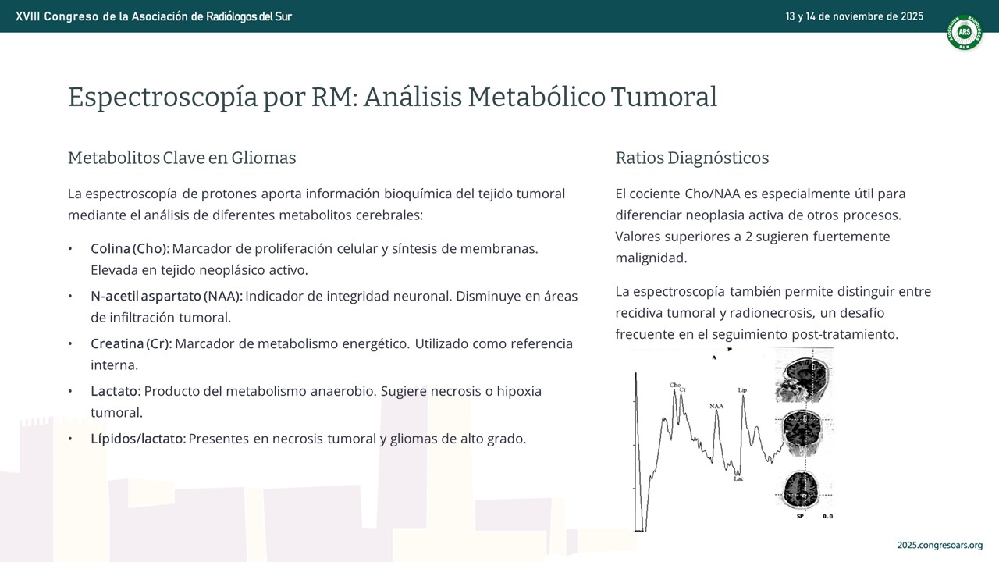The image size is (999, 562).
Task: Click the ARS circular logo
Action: [964, 32]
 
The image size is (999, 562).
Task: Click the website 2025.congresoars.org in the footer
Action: [940, 545]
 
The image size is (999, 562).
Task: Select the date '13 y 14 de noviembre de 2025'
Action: [854, 16]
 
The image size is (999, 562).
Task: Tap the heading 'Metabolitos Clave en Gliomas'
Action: [182, 158]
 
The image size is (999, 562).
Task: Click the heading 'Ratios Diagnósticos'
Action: [692, 158]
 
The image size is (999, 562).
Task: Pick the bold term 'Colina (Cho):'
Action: [130, 248]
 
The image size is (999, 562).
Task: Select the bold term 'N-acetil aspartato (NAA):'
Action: [167, 296]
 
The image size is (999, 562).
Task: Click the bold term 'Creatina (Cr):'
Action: [131, 344]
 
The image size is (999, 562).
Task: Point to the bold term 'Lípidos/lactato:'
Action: [138, 439]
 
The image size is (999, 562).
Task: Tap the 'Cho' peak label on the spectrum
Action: [675, 385]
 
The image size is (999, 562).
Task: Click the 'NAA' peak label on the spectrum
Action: [716, 407]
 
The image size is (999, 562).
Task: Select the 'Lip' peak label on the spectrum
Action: [742, 390]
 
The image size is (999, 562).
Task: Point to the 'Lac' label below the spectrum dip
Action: [738, 479]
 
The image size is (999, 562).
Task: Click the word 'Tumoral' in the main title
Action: [663, 97]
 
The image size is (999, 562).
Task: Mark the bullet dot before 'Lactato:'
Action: [70, 392]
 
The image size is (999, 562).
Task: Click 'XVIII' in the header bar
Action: [27, 16]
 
